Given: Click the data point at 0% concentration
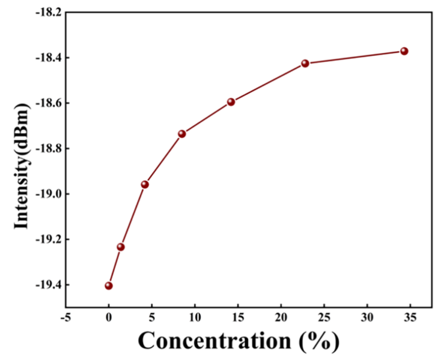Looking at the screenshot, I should coord(109,286).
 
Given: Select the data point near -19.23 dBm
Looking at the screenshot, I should coord(121,246).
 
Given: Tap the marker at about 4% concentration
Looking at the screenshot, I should coord(145,184).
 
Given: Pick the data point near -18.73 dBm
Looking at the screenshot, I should coord(182,134).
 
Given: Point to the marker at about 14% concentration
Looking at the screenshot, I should coord(231,102).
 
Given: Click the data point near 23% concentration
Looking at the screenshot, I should coord(305,63).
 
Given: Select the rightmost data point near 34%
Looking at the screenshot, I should coord(404,51).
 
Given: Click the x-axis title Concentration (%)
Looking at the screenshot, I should coord(238,341).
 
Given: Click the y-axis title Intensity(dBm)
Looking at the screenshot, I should coord(21,159).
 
